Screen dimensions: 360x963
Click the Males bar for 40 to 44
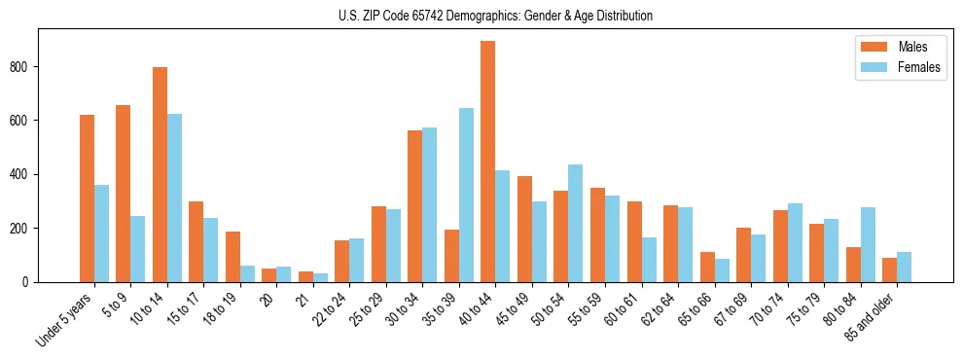click(x=488, y=162)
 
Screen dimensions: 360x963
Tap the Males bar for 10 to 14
click(x=160, y=174)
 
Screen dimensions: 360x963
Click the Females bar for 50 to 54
click(x=576, y=223)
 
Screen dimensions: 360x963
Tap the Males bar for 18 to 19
click(x=232, y=257)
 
